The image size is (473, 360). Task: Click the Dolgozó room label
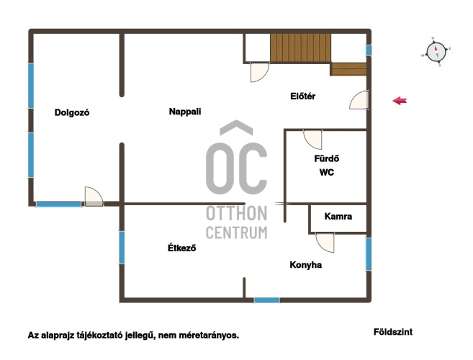pyautogui.click(x=72, y=112)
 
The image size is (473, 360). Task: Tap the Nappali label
pyautogui.click(x=185, y=112)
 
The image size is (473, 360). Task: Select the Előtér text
pyautogui.click(x=303, y=96)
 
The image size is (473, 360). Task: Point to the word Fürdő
pyautogui.click(x=327, y=158)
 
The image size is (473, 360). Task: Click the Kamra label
pyautogui.click(x=338, y=217)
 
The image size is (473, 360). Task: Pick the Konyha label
pyautogui.click(x=305, y=265)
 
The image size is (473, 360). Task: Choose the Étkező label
pyautogui.click(x=182, y=248)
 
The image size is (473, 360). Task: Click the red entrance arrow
pyautogui.click(x=400, y=101)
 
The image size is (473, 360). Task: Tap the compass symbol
pyautogui.click(x=436, y=52)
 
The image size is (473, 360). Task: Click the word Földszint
pyautogui.click(x=393, y=332)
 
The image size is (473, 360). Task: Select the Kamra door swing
pyautogui.click(x=325, y=243)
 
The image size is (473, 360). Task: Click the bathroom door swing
pyautogui.click(x=313, y=140)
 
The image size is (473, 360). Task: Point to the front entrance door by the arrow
pyautogui.click(x=359, y=99)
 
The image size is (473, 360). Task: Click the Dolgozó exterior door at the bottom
pyautogui.click(x=94, y=197)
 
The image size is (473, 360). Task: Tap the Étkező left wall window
pyautogui.click(x=122, y=248)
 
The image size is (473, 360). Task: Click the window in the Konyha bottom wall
pyautogui.click(x=266, y=300)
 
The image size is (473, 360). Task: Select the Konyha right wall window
pyautogui.click(x=369, y=254)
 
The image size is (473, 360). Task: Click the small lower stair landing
pyautogui.click(x=348, y=69)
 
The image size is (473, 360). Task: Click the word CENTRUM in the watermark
pyautogui.click(x=236, y=233)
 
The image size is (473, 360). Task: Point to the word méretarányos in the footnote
pyautogui.click(x=209, y=336)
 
